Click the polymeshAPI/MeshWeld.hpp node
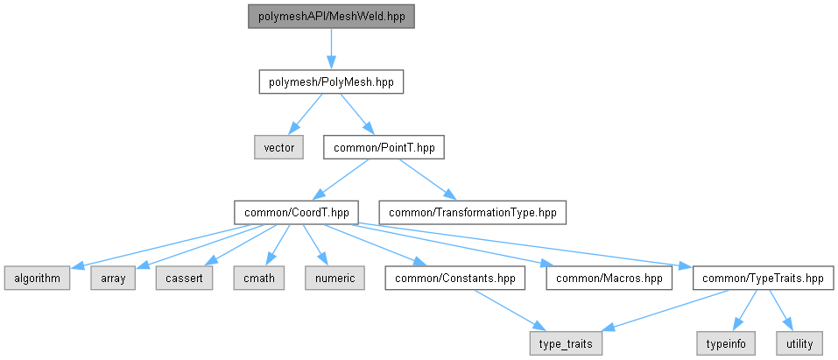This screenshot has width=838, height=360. (331, 17)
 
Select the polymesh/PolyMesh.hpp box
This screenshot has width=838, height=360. (331, 82)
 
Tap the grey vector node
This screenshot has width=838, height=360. (278, 147)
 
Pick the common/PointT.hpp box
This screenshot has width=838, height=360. (384, 147)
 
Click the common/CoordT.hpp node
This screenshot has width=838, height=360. (296, 212)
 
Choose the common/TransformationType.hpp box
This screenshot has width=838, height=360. (473, 212)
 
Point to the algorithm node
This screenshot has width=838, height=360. (37, 279)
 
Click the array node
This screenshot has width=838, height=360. (113, 279)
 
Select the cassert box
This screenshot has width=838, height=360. (185, 279)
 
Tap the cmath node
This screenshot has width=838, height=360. (258, 279)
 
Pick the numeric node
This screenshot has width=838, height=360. (334, 279)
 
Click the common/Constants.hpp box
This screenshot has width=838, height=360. (455, 279)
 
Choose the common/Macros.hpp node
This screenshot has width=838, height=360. (609, 279)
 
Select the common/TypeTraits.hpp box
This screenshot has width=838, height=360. (764, 279)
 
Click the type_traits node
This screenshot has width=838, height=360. (566, 343)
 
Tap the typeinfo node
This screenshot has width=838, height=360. (726, 343)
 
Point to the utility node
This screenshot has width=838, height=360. (800, 343)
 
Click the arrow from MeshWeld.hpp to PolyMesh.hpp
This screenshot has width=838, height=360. (331, 49)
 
